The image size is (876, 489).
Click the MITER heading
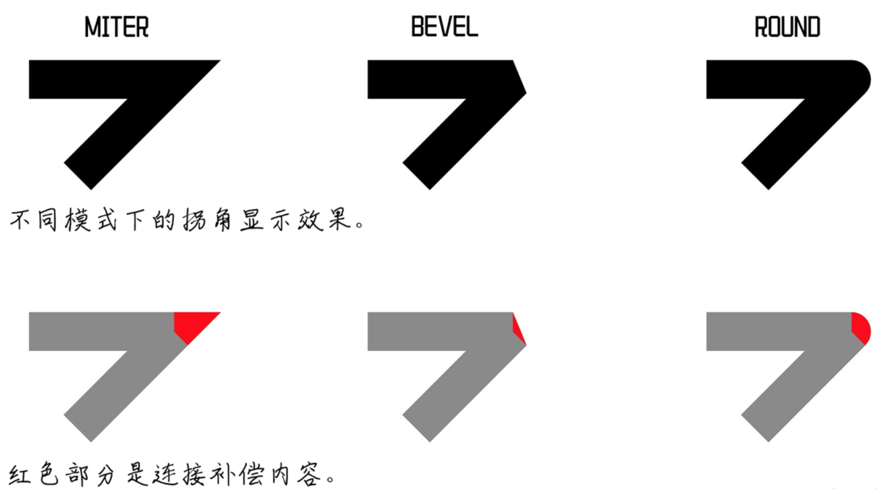(x=116, y=27)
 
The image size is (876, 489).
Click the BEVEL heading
(x=444, y=27)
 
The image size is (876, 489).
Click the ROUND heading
(x=787, y=27)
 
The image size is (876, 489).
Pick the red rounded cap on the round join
(x=860, y=326)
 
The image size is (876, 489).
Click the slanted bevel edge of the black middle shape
(x=519, y=76)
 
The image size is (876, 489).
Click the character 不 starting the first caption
(x=20, y=220)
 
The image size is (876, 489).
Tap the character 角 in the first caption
(x=222, y=220)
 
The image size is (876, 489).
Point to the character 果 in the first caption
(x=339, y=220)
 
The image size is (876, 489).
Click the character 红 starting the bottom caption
(x=20, y=475)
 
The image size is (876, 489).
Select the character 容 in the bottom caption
(x=309, y=475)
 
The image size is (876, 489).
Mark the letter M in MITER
(x=92, y=27)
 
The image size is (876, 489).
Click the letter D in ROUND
(x=813, y=27)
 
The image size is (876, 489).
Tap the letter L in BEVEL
(x=472, y=27)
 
